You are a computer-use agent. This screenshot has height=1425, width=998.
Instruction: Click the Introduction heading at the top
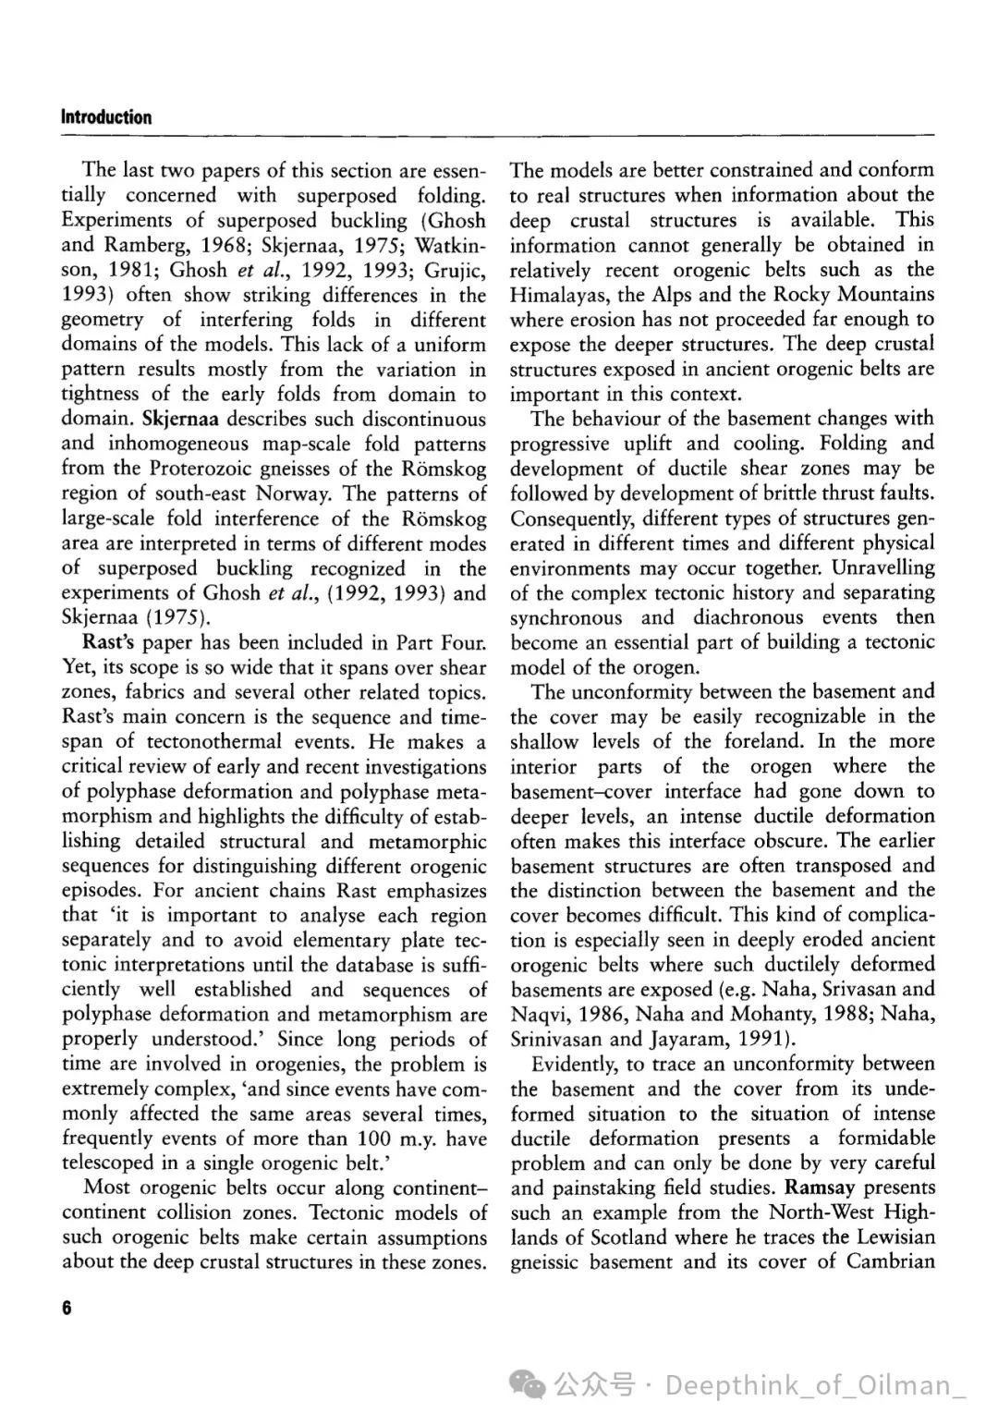[x=106, y=117]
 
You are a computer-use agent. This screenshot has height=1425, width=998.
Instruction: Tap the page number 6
[x=67, y=1308]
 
